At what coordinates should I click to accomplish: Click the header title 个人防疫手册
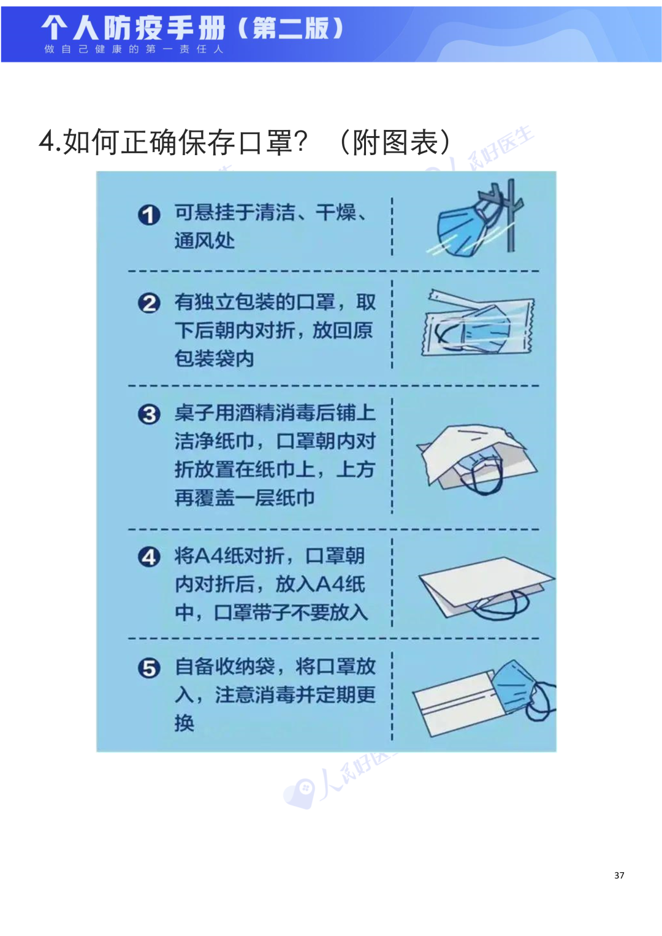[x=133, y=28]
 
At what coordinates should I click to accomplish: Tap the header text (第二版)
[x=291, y=28]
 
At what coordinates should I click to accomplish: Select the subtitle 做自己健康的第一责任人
[x=134, y=49]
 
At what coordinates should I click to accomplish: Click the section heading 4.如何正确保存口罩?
[x=173, y=142]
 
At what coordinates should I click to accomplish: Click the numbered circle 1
[x=149, y=215]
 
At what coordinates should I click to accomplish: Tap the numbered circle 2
[x=149, y=303]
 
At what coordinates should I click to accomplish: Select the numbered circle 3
[x=149, y=414]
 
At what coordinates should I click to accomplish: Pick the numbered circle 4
[x=149, y=557]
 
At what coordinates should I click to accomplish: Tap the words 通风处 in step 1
[x=204, y=241]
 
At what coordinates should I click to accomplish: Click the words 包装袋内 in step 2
[x=215, y=359]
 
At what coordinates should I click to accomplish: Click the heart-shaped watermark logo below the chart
[x=299, y=793]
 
